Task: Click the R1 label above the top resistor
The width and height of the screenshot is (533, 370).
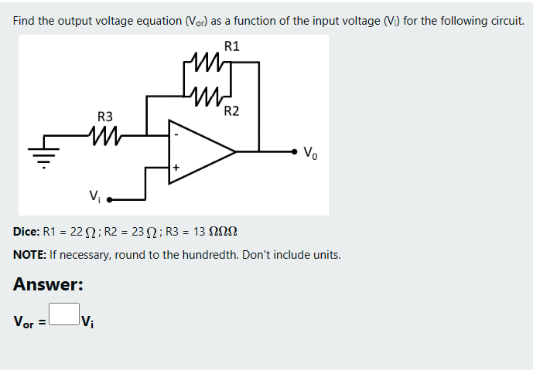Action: click(x=231, y=46)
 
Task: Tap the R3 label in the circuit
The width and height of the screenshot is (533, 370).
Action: click(x=105, y=117)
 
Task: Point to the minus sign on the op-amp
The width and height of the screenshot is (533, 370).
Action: click(x=176, y=136)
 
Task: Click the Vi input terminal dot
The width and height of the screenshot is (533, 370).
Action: click(x=109, y=199)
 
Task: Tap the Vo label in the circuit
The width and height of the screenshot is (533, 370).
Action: click(x=309, y=151)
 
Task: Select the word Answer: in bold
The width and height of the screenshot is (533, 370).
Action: click(x=48, y=284)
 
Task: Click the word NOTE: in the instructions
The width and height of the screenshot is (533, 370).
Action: click(x=29, y=254)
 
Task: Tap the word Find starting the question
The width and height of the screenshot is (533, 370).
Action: click(x=24, y=21)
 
